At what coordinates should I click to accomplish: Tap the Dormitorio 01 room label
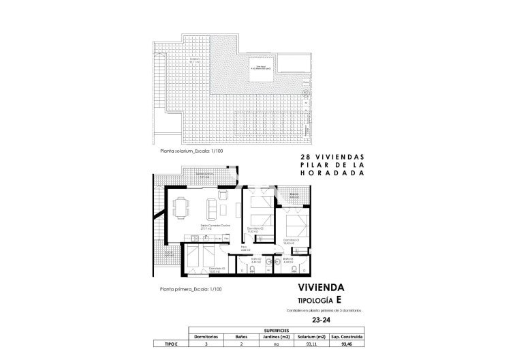click(x=292, y=241)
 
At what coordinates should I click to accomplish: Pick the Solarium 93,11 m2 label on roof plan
click(x=196, y=61)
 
